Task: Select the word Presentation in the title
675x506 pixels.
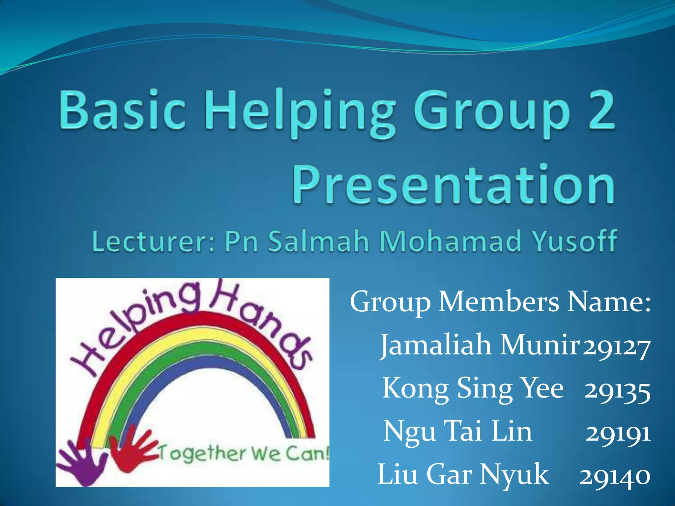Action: pos(454,184)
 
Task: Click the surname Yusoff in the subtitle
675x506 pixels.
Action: pos(575,241)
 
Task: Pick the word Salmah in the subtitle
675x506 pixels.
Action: pos(318,241)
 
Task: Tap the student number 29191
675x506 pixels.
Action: pos(618,434)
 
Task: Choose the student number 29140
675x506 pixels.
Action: pos(615,476)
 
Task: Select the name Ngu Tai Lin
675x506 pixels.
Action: pos(458,432)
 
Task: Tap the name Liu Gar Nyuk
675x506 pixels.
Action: pos(463,475)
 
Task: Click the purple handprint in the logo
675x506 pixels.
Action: pos(82,463)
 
